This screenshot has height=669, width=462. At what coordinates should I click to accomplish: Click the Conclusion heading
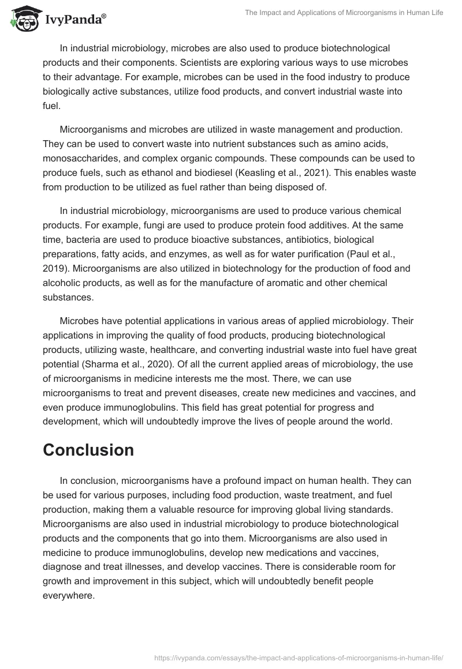pyautogui.click(x=88, y=450)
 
